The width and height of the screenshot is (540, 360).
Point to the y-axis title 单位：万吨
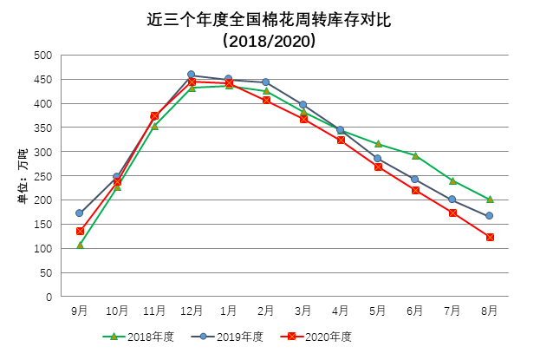(23, 176)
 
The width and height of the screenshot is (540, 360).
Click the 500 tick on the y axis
(42, 56)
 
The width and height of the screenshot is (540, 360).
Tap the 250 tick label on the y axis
(42, 176)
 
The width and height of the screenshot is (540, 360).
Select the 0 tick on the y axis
(49, 297)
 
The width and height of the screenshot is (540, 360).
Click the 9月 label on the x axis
(80, 311)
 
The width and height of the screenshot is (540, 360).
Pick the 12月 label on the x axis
(192, 311)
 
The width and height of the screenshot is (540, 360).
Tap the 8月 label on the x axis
(490, 311)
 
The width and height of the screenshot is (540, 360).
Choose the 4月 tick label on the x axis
(341, 311)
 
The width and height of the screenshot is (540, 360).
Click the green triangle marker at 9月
(80, 245)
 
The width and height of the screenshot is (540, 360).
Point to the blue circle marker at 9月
(80, 213)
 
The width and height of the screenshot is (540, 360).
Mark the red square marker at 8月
(490, 237)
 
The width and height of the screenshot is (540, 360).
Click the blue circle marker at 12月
(192, 75)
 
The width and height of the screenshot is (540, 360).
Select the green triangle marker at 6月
(415, 156)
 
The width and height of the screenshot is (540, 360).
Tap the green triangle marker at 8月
(490, 200)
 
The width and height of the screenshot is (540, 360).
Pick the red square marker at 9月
(80, 231)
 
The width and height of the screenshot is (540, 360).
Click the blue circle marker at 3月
(303, 104)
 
